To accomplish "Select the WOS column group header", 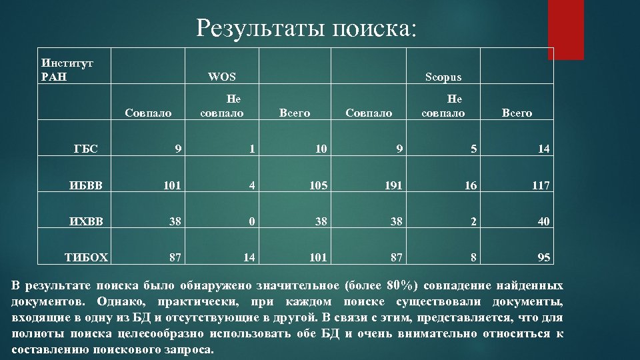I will [222, 77].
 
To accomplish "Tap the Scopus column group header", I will [443, 77].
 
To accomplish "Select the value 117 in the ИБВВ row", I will [541, 185].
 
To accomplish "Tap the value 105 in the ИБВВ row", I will [319, 185].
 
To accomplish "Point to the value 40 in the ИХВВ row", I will [543, 221].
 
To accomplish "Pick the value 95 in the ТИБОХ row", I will [543, 257].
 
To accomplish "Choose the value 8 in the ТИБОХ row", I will [473, 257].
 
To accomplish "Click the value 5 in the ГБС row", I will [473, 149].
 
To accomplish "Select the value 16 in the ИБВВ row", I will [470, 185].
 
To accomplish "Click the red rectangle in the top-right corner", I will [569, 30].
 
